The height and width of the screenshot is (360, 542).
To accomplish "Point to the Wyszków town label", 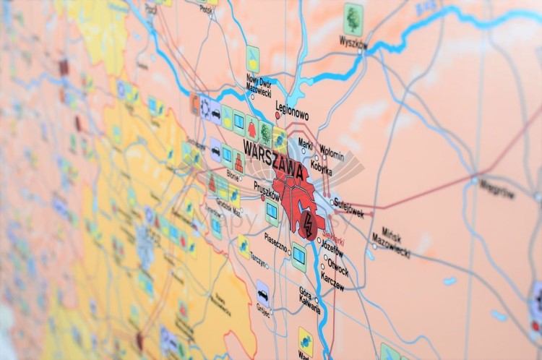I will click(x=353, y=41).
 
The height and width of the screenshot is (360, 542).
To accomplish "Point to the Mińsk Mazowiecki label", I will click(x=390, y=241).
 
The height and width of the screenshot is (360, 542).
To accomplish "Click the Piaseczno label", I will click(x=279, y=239).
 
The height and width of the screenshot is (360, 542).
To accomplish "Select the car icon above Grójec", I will click(x=263, y=293).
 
